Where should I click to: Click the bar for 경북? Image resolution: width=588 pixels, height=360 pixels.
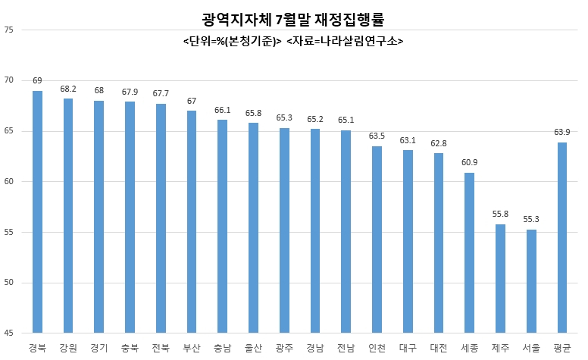37,212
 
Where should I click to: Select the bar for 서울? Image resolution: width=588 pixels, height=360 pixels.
531,281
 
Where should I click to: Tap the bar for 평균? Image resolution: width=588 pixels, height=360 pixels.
562,238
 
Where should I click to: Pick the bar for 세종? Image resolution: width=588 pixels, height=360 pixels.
470,252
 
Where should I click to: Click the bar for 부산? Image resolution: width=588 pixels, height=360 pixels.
192,221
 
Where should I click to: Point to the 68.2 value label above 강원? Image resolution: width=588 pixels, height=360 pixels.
68,89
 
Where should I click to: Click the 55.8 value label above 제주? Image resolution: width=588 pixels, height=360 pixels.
500,214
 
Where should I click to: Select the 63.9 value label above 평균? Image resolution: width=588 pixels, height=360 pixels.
562,132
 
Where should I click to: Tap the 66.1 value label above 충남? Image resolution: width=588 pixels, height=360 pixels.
222,110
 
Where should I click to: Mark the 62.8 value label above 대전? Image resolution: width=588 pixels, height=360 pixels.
439,144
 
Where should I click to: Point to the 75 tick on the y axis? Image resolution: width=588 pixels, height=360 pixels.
8,30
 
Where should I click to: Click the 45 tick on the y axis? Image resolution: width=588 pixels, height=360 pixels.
8,333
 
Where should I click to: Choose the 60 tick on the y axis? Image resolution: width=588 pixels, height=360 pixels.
8,181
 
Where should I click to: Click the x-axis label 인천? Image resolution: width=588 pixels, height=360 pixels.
377,349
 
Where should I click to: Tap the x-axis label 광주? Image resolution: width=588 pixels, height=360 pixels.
284,349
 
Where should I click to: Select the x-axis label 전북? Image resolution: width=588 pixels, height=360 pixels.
161,349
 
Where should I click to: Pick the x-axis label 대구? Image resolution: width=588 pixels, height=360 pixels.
408,349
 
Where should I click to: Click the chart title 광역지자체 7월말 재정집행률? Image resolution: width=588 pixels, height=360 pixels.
293,20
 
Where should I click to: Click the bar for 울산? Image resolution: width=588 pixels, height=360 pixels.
254,227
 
